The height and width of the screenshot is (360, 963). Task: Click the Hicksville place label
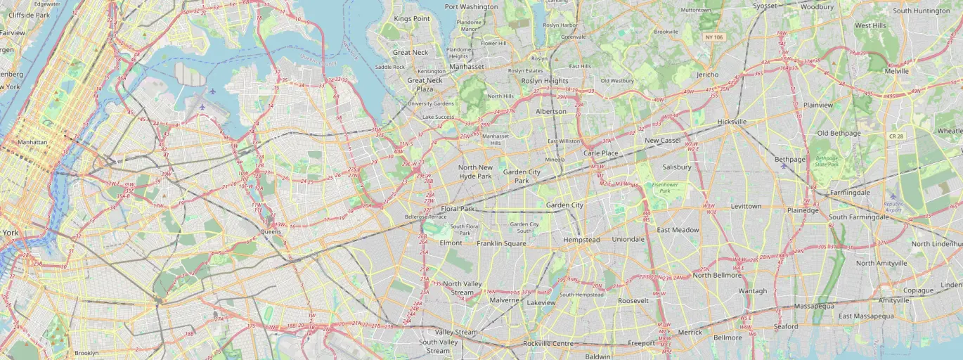pos(732,122)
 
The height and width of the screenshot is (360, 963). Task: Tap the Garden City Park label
pos(521,176)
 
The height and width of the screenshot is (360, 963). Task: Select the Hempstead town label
pos(581,240)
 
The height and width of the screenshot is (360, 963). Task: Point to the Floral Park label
pos(458,209)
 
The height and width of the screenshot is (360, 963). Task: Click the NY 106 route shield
pos(714,36)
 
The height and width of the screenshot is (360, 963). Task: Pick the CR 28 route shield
pos(896,136)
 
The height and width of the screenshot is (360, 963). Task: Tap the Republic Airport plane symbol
pos(893,196)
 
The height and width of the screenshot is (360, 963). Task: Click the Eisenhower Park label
pos(664,187)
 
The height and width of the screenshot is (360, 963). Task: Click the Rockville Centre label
pos(549,344)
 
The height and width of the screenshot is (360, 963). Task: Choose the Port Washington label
pos(471,6)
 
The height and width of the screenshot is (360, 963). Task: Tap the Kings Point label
pos(411,19)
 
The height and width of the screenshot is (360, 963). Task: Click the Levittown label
pos(746,207)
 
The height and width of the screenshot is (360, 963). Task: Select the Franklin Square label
pos(501,243)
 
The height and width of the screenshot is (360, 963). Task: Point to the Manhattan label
pos(32,142)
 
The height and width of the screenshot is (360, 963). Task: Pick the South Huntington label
pos(921,11)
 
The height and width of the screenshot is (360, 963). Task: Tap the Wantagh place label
pos(752,291)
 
